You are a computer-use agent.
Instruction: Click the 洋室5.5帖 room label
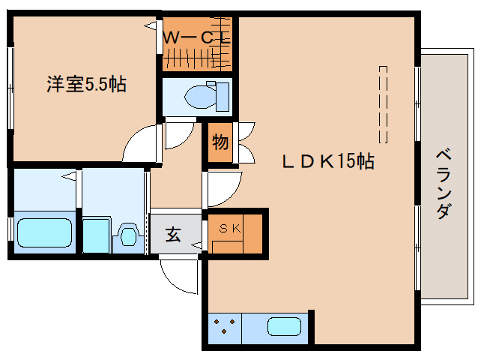pos(87,84)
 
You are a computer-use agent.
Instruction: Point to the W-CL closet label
pos(196,38)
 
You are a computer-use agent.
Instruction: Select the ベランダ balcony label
pos(444,184)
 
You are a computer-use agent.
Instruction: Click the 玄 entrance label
pos(173,235)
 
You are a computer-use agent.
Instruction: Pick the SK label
pos(230,228)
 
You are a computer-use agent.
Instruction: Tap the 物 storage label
pos(220,142)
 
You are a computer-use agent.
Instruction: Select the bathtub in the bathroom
pos(44,232)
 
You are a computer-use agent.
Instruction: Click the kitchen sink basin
pos(285,326)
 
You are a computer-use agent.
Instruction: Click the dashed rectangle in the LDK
pos(383,104)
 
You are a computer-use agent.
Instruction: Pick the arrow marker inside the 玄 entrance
pos(196,244)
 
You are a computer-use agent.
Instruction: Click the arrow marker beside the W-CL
pos(150,26)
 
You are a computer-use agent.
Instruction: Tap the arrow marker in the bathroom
pos(69,176)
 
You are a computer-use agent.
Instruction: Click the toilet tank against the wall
pos(223,97)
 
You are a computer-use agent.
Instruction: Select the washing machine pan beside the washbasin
pos(96,235)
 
